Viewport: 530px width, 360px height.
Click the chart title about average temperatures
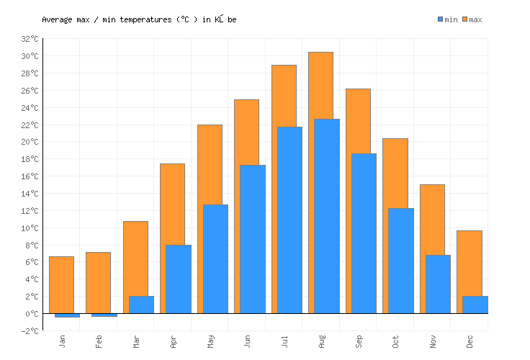(x=139, y=19)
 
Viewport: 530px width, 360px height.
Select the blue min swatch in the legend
(x=441, y=19)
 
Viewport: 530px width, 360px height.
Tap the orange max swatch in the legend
(x=465, y=19)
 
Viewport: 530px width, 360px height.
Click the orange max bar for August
(x=320, y=86)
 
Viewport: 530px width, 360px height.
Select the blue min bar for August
(x=327, y=216)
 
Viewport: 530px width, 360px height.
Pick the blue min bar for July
(x=289, y=220)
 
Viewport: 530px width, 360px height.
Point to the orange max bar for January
(x=61, y=284)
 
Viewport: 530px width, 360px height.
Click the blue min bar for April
(x=179, y=279)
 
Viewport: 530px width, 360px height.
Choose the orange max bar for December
(x=469, y=263)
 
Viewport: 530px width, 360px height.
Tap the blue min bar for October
(x=400, y=261)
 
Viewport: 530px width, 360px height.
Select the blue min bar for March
(x=141, y=305)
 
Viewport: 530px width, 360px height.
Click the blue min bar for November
(x=438, y=284)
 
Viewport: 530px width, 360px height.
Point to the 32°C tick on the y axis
(x=30, y=39)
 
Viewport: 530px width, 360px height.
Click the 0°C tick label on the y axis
(x=30, y=314)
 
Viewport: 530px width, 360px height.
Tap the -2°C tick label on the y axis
(x=30, y=331)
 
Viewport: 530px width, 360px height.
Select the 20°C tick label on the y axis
(x=30, y=142)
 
